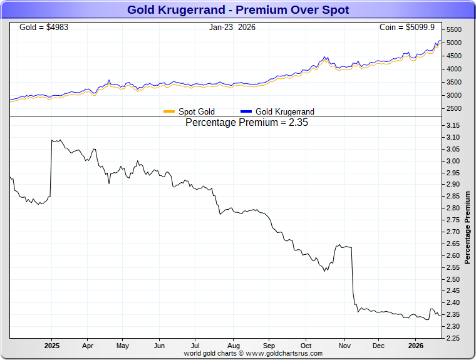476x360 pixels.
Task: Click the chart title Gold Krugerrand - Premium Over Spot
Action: [x=238, y=10]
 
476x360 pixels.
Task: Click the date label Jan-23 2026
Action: [x=232, y=28]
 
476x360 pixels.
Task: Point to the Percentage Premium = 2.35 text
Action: [x=247, y=123]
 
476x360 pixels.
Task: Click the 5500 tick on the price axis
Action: [x=455, y=29]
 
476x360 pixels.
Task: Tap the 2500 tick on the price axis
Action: [x=455, y=109]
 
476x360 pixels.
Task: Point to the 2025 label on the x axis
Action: [x=51, y=346]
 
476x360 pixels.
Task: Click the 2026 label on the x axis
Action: [x=416, y=346]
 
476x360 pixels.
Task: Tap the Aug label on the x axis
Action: [x=233, y=346]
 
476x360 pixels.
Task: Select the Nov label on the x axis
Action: [x=344, y=346]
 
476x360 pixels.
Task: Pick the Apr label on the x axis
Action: [x=87, y=346]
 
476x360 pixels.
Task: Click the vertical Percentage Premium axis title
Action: [x=468, y=226]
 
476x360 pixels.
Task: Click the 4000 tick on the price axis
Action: [x=455, y=69]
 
